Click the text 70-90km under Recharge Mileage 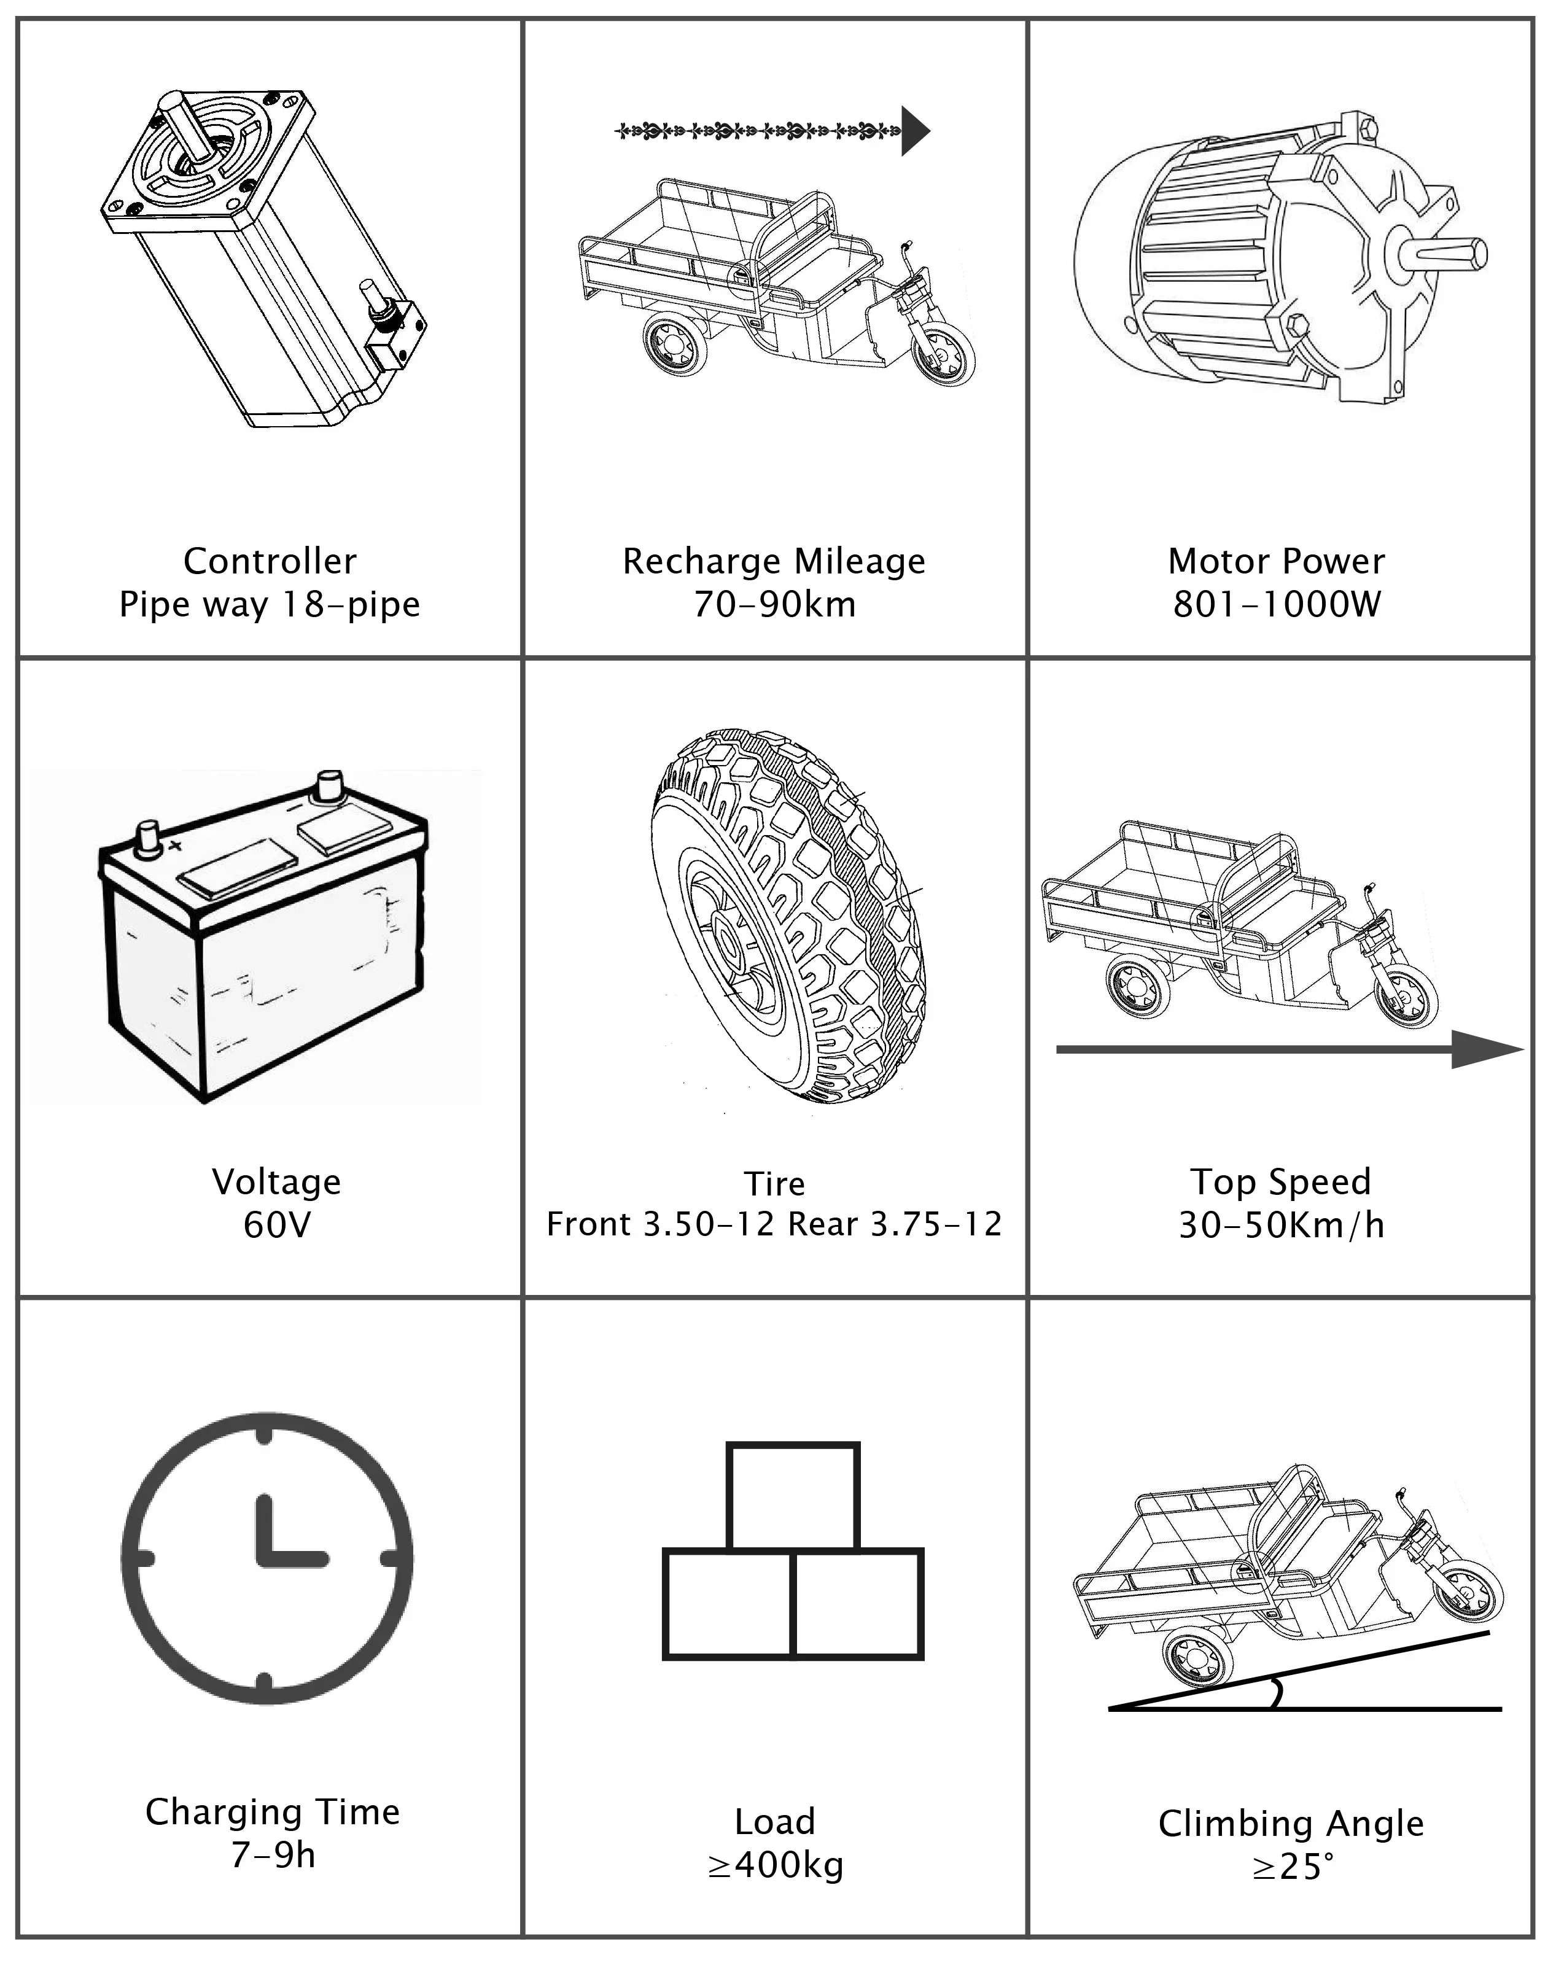[775, 605]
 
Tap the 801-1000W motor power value [1277, 605]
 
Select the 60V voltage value [277, 1226]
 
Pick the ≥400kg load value [776, 1865]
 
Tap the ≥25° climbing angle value [1291, 1867]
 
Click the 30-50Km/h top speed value [1281, 1226]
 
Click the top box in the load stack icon [792, 1496]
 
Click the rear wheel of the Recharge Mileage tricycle [675, 343]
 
